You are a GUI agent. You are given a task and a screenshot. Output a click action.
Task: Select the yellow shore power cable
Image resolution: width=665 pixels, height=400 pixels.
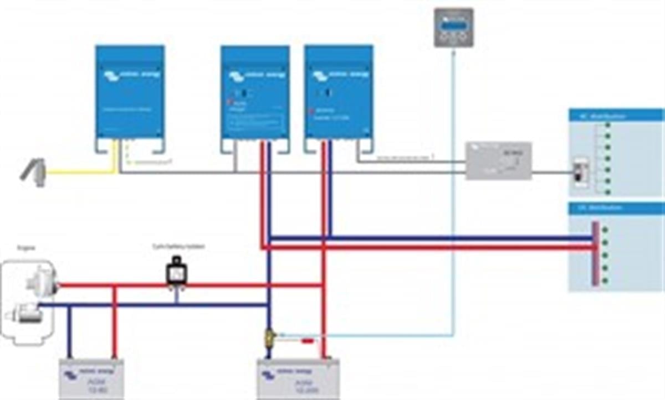[x=83, y=173]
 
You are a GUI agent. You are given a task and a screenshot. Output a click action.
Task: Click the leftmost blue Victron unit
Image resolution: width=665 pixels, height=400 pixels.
[x=130, y=91]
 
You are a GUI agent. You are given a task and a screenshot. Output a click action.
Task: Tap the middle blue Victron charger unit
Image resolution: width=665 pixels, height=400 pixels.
[x=255, y=92]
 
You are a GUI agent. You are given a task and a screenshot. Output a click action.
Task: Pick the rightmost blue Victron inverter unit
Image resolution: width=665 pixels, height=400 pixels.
[x=338, y=92]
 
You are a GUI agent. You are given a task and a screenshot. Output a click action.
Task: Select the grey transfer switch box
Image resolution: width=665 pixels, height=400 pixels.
[x=498, y=160]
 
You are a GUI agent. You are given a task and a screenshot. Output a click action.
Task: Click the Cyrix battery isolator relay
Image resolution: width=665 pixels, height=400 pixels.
[x=176, y=271]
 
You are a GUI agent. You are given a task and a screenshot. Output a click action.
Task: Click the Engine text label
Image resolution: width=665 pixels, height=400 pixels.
[x=26, y=248]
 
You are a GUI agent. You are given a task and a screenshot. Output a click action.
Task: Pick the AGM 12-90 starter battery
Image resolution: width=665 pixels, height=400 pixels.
[x=91, y=379]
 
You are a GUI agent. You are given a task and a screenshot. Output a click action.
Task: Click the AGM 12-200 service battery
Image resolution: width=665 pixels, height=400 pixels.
[x=298, y=379]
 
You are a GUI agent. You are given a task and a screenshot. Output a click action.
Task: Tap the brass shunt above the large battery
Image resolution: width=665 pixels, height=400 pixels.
[x=269, y=336]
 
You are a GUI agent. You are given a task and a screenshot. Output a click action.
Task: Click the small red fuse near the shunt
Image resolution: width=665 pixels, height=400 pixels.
[x=307, y=341]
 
